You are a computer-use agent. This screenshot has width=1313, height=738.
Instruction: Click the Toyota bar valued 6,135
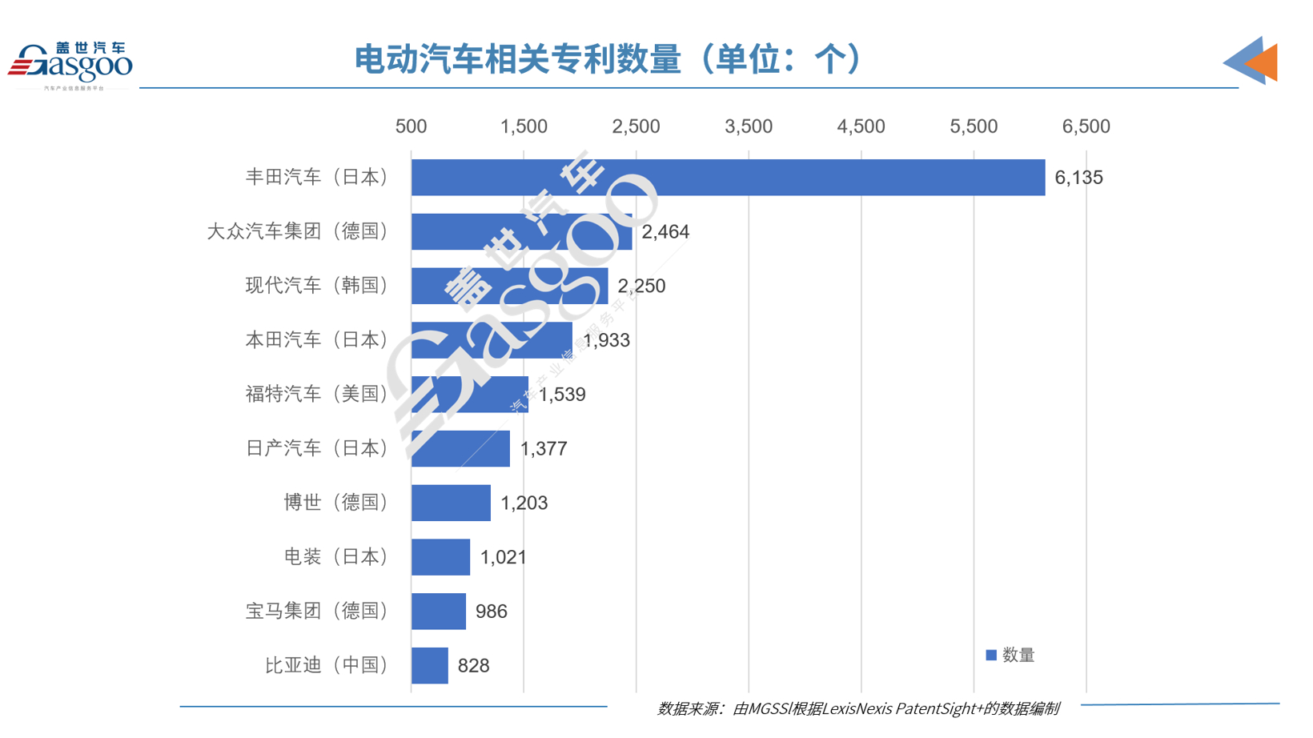tap(727, 178)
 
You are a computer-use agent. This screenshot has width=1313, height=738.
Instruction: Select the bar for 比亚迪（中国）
tap(430, 666)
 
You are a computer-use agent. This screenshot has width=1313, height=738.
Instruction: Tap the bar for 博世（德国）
tap(451, 503)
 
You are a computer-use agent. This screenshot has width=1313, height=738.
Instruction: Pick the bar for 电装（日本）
tap(440, 557)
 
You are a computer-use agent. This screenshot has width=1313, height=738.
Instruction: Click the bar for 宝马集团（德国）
tap(438, 612)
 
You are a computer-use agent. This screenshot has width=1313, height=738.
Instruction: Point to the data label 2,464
tap(665, 232)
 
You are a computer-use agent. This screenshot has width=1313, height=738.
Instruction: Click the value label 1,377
tap(544, 449)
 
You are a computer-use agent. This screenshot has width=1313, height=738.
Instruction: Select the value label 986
tap(491, 612)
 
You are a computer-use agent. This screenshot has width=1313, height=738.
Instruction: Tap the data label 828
tap(473, 666)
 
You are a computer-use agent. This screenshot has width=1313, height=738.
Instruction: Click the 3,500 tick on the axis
tap(749, 126)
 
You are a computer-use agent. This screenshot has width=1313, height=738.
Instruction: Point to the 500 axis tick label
tap(411, 126)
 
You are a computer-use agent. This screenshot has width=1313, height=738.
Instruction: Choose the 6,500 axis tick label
tap(1086, 126)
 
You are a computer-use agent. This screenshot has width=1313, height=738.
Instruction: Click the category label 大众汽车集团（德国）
tap(297, 231)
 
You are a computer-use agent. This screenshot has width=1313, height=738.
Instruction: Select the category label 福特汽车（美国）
tap(316, 394)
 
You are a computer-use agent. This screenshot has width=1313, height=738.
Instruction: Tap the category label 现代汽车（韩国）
tap(316, 286)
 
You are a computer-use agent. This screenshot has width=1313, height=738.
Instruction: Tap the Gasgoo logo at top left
tap(70, 64)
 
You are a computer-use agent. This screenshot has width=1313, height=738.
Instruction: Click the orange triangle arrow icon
tap(1263, 62)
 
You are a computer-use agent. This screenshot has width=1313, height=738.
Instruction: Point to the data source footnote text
tap(857, 708)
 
